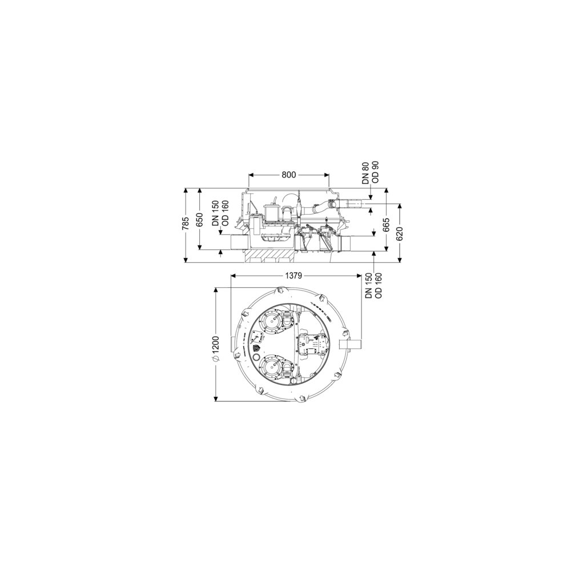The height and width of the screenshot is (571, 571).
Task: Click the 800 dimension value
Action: [x=289, y=175]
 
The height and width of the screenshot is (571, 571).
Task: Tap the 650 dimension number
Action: [x=199, y=219]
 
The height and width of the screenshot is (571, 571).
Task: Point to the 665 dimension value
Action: [x=386, y=224]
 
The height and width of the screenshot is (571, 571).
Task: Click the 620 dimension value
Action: [x=400, y=233]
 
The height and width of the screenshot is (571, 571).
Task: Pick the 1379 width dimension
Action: [x=293, y=275]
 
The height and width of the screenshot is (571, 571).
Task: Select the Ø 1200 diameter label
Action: [x=216, y=348]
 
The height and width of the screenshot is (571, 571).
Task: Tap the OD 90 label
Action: [x=376, y=172]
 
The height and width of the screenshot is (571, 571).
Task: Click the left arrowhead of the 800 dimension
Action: [x=251, y=175]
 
